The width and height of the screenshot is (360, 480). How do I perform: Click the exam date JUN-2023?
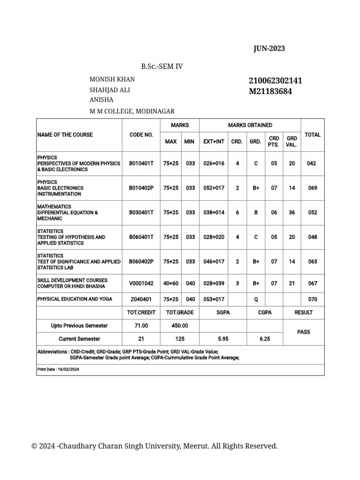269,49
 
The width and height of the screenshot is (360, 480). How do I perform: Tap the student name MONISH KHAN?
112,79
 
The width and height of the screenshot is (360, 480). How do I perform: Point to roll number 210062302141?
276,81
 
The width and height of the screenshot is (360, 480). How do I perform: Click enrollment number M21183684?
270,91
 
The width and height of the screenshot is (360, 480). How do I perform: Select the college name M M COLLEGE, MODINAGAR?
132,111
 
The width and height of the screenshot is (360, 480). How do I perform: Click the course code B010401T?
141,164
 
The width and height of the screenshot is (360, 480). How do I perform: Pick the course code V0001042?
141,283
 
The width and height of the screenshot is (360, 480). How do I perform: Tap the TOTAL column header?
313,135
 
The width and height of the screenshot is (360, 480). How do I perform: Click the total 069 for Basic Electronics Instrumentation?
312,188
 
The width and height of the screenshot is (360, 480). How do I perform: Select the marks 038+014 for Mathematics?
214,212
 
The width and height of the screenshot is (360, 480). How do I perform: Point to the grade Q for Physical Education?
256,299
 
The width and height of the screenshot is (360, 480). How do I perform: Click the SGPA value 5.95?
223,338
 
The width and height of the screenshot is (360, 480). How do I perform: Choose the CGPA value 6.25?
265,338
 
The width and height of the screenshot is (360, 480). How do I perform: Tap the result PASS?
304,332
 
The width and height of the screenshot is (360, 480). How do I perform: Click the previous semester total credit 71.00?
141,325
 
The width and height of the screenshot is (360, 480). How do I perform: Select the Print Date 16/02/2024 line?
58,369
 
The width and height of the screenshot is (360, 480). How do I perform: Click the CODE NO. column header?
141,135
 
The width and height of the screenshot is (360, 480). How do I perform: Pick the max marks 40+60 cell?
171,283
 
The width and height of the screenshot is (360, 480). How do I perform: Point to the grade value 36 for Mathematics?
292,212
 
